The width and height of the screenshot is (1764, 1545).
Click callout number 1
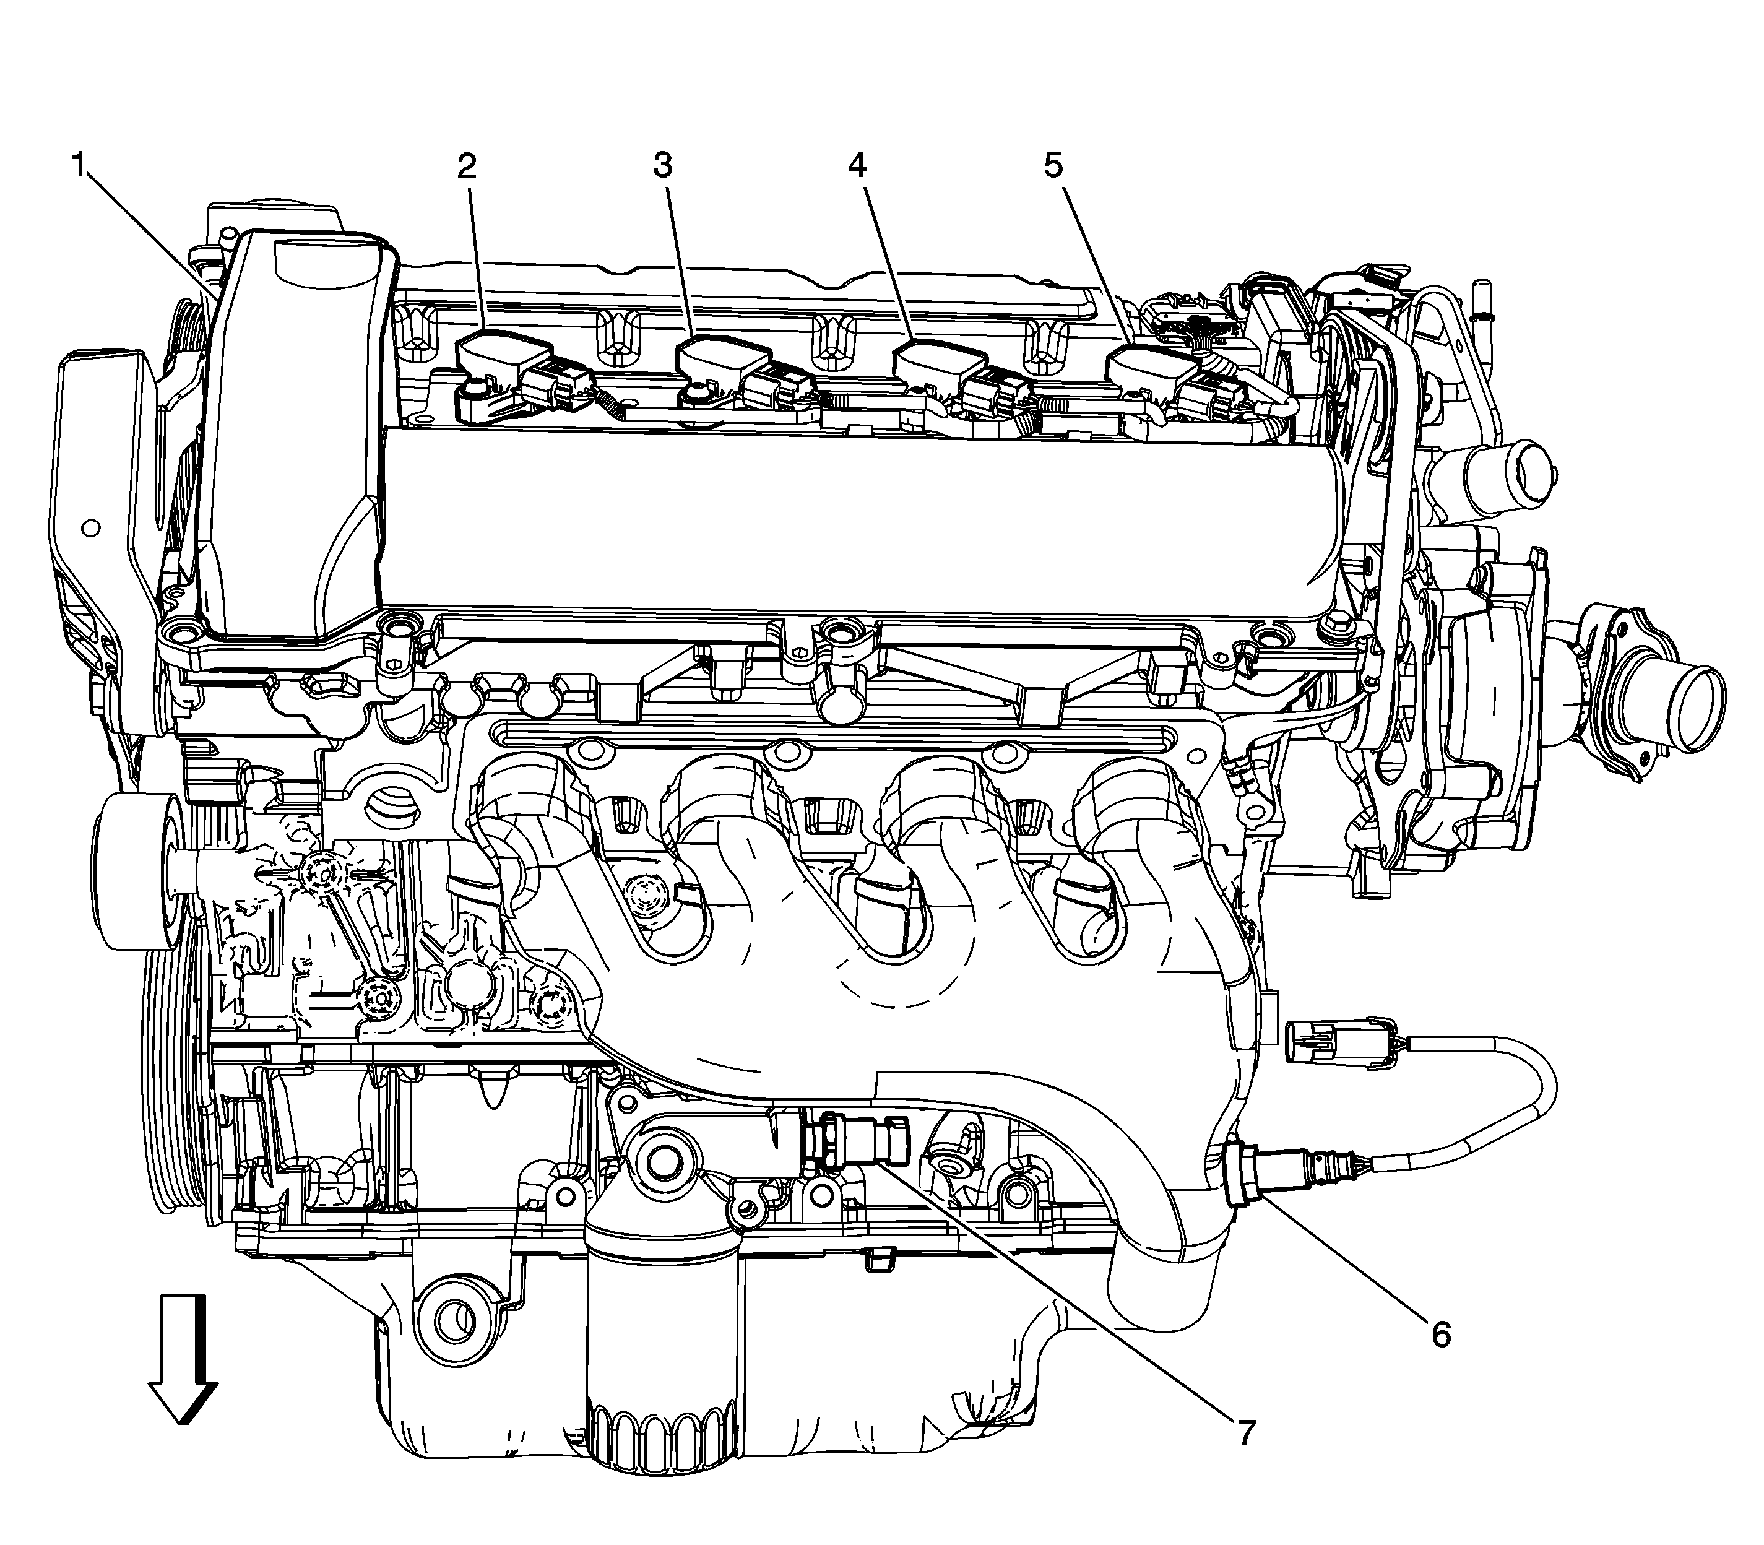pos(79,165)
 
